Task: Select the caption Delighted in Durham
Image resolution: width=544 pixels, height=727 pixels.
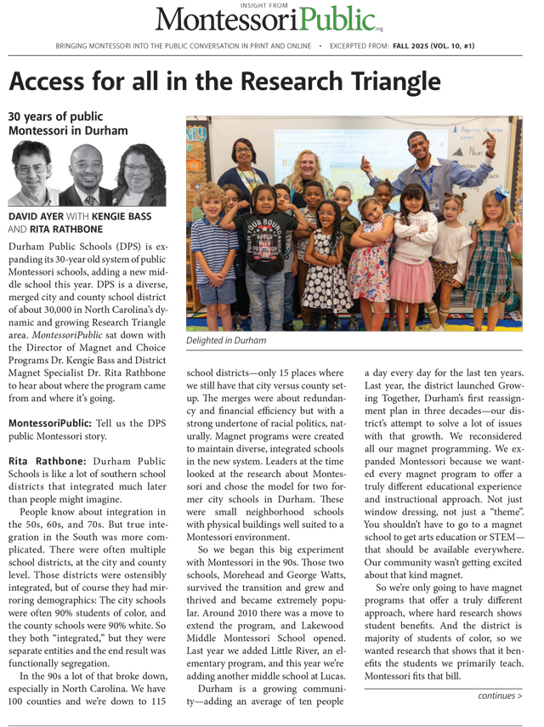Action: [225, 341]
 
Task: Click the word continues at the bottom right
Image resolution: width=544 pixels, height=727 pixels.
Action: [496, 696]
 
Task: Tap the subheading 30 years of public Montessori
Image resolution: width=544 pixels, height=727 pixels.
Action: [68, 123]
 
